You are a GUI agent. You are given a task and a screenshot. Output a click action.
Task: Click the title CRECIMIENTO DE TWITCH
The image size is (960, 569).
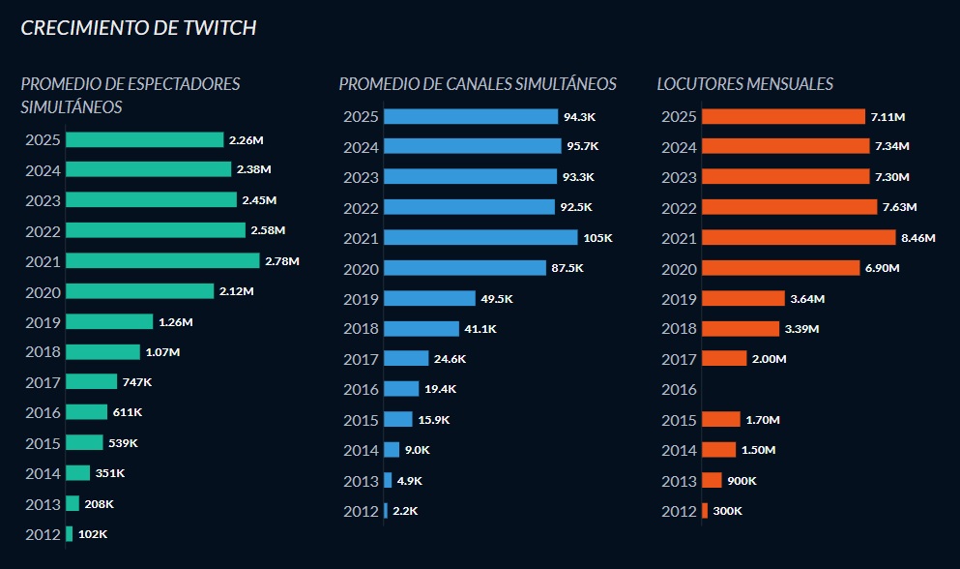pos(138,28)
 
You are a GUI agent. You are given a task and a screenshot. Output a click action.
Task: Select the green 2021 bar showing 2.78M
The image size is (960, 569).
pos(162,260)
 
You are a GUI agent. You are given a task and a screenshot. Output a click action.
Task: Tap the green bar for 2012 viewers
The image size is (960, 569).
pos(70,534)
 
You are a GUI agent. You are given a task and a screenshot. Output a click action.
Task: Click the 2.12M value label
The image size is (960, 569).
pos(235,291)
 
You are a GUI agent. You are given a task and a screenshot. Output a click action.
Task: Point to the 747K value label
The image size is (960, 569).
pos(137,382)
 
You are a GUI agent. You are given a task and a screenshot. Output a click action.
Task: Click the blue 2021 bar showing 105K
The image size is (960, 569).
pos(480,237)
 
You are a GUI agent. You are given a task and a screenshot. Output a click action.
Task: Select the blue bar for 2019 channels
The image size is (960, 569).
pos(429,299)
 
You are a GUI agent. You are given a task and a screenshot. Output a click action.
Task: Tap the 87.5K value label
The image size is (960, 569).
pos(567,268)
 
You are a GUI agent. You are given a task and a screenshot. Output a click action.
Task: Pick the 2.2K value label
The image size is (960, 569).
pos(405,511)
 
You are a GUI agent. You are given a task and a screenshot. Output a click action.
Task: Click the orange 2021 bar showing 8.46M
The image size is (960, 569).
pos(799,237)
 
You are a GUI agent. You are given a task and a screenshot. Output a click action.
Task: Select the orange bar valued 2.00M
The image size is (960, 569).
pos(724,359)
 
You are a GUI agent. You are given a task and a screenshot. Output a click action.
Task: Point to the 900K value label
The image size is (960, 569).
pos(742,481)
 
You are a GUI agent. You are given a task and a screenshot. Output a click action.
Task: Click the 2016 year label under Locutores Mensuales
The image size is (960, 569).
pos(678,390)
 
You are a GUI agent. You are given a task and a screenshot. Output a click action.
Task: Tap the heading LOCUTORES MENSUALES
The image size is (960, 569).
pos(744,84)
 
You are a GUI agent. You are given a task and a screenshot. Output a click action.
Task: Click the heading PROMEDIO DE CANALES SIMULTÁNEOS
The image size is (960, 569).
pos(478,84)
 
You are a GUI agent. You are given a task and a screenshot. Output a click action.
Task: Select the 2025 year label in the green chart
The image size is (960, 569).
pos(43,140)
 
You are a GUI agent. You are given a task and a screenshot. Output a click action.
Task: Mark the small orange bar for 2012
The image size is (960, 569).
pos(705,511)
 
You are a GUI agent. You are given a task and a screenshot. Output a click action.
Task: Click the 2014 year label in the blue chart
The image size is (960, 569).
pos(360,450)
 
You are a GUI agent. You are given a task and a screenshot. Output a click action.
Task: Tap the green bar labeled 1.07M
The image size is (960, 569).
pos(102,352)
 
